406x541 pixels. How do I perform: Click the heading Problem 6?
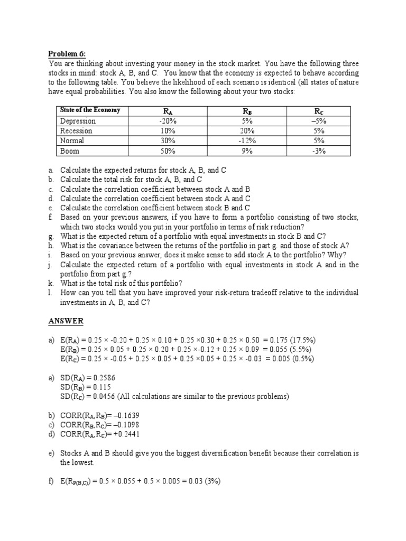[x=67, y=53]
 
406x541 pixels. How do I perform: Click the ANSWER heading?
[x=66, y=321]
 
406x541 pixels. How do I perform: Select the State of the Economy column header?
[x=90, y=110]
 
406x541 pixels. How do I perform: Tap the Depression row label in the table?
[x=78, y=121]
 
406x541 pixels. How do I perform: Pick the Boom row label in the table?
[x=70, y=151]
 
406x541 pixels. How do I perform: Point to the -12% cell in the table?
[x=247, y=141]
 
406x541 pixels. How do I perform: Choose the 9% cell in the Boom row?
[x=247, y=151]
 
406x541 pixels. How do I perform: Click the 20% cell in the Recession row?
[x=247, y=131]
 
